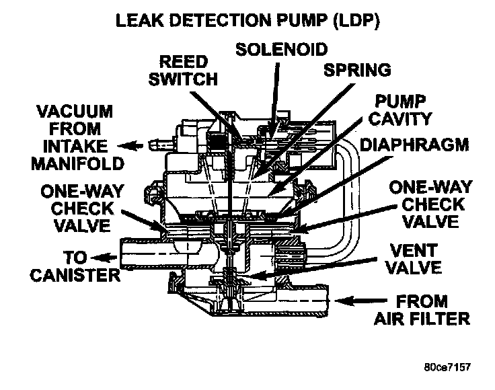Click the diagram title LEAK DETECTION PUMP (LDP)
tap(248, 21)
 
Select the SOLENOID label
tap(282, 49)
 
